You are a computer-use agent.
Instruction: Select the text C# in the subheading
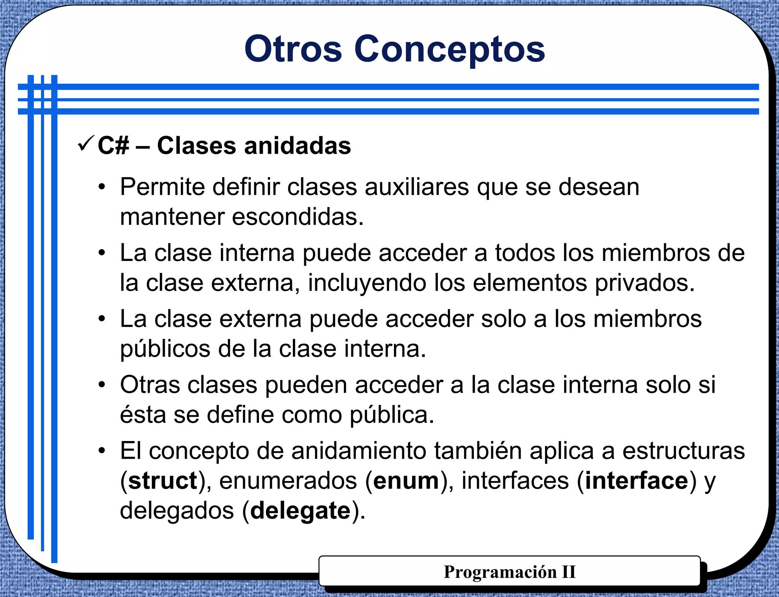coord(113,146)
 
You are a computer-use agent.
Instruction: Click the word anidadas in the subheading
coord(297,146)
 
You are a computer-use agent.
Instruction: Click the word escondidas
coord(297,217)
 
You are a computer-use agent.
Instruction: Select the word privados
coord(644,283)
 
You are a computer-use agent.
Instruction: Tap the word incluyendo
coord(367,283)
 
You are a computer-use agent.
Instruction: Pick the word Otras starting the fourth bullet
coord(150,384)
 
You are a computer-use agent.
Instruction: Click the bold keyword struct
coord(163,481)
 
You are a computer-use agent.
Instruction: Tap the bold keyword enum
coord(406,481)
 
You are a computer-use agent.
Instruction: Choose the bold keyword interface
coord(636,481)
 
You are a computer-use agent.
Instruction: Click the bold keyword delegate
coord(300,511)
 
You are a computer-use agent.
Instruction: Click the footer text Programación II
coord(509,572)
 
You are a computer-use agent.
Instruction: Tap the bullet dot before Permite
coord(102,187)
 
